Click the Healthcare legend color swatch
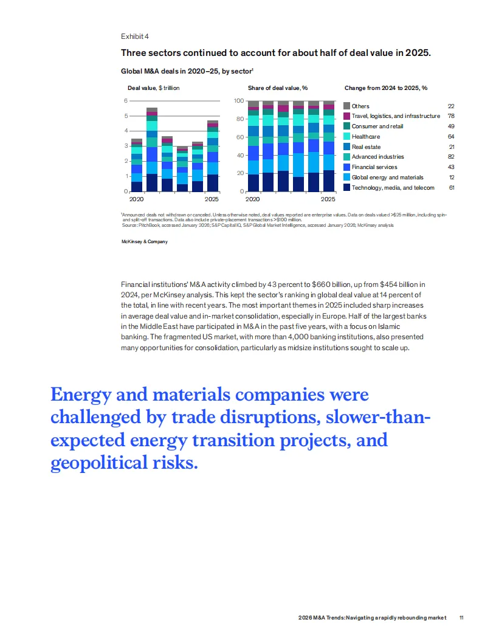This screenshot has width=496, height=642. coord(347,137)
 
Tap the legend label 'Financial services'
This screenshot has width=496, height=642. coord(374,167)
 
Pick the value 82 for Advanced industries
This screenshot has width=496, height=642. coord(450,157)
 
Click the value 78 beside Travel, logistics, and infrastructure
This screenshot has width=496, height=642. coord(450,116)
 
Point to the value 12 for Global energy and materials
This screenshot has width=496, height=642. coord(450,178)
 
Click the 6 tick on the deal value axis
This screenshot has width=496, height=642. coord(126,101)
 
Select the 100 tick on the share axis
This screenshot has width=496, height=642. coord(239,101)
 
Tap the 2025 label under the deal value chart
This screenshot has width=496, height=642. coord(212,199)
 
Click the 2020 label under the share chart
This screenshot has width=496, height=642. coord(252,199)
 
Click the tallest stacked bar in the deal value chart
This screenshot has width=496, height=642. coord(152,149)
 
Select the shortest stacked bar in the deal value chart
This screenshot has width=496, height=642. coord(182,168)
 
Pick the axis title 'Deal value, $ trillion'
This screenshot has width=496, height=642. coord(153,88)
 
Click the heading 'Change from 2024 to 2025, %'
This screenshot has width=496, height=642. coord(385,88)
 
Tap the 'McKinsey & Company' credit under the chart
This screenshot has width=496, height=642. coord(145,241)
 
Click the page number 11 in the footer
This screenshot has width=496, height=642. coord(461,618)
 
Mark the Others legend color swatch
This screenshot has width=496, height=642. coord(347,106)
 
